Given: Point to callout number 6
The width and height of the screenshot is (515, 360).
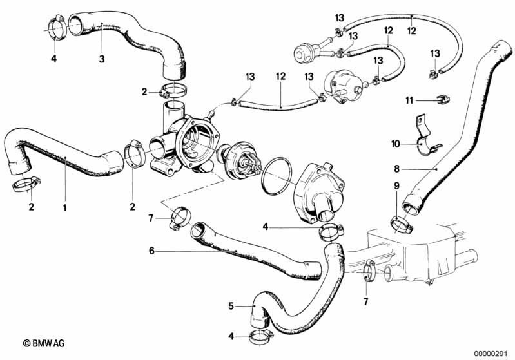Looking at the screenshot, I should pos(151,251).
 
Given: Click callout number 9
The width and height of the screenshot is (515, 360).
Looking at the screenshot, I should pos(396,185).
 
